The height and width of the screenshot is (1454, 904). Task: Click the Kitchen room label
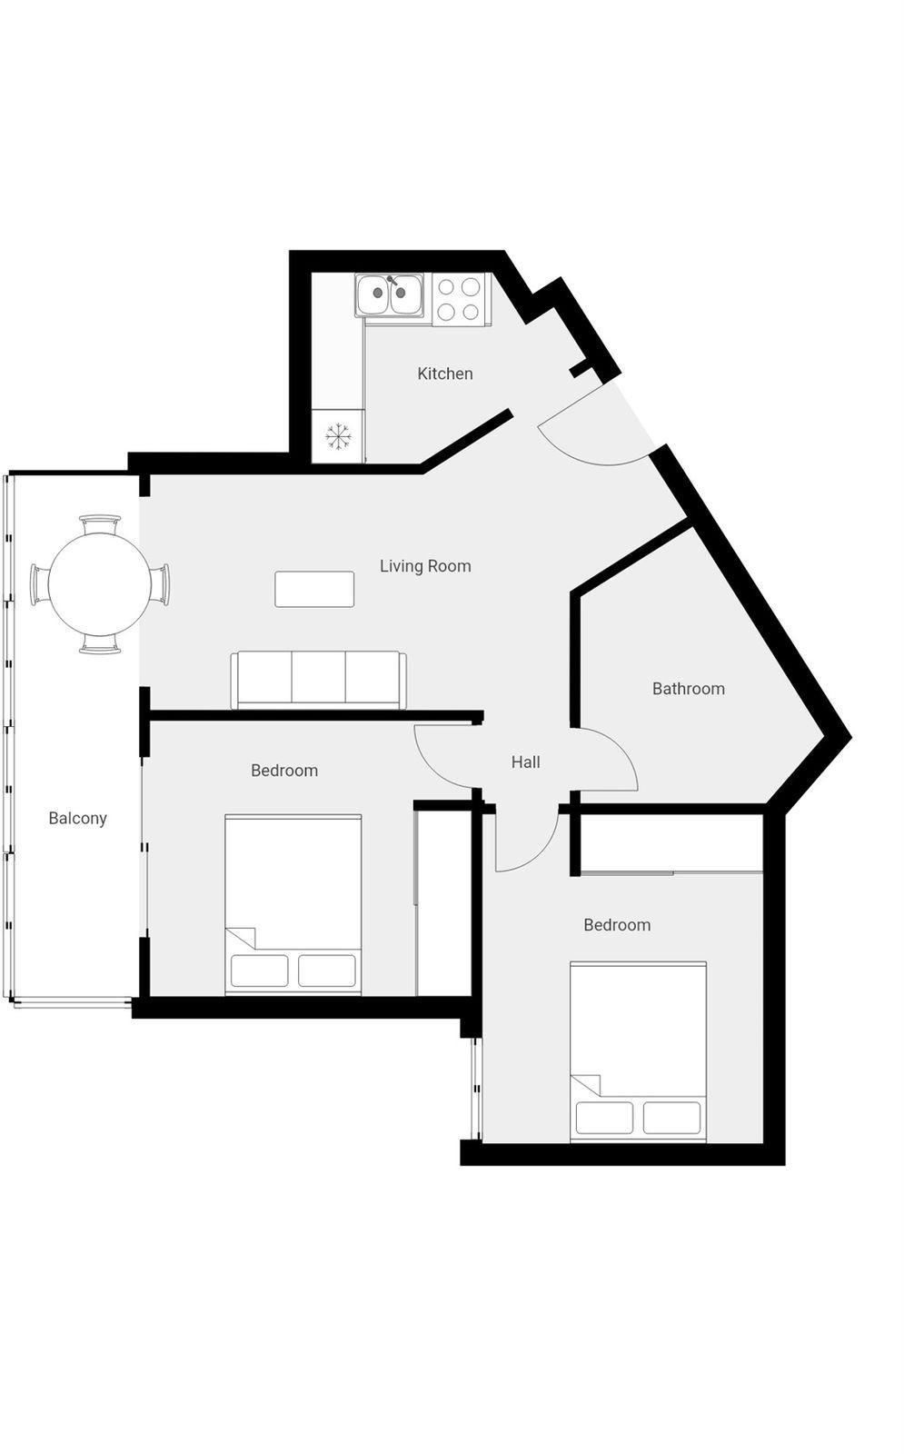pos(444,373)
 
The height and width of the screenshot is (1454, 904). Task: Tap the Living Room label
pos(425,566)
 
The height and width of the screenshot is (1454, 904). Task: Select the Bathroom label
pos(688,688)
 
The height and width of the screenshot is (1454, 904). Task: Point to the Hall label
pos(525,762)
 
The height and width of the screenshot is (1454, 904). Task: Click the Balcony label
pos(77,819)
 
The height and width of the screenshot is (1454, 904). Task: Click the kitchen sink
pos(390,295)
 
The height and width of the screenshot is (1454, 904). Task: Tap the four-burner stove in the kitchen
pos(458,299)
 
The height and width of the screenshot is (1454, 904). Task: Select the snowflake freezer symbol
pos(337,436)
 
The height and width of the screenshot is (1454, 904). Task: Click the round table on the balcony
pos(100,584)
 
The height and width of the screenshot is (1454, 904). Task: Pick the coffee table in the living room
pos(314,589)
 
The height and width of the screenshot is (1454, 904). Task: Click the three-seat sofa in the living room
pos(319,680)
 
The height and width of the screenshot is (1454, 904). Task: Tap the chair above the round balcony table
pos(100,523)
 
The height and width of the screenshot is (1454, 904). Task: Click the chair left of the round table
pos(40,584)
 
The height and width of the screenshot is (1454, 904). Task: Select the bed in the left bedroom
pos(293,904)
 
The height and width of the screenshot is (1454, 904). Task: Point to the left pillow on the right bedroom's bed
pos(604,1117)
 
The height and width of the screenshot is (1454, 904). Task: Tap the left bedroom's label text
pos(284,771)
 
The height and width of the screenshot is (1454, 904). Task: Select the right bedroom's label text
pos(617,925)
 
